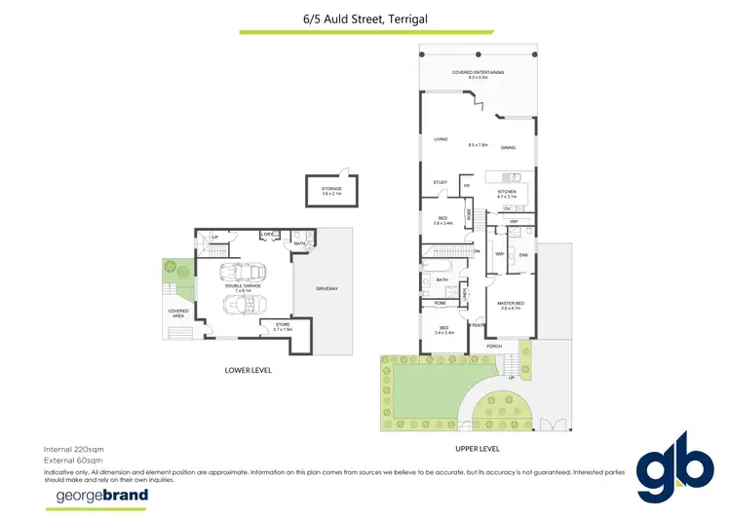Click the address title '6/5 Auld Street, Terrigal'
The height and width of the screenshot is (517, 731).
[365, 17]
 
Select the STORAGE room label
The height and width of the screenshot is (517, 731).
[332, 188]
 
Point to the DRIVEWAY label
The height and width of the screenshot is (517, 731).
[327, 289]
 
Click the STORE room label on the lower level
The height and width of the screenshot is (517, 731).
[283, 325]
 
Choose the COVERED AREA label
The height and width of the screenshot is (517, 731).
[177, 313]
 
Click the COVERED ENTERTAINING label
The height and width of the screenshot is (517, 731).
[477, 72]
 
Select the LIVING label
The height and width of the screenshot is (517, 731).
[441, 139]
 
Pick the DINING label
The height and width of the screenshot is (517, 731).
[508, 148]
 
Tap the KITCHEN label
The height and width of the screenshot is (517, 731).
[506, 192]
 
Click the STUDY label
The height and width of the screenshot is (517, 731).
[440, 181]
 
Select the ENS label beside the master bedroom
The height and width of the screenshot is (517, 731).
[522, 255]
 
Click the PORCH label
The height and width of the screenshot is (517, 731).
[494, 346]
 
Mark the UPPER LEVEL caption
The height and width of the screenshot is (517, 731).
[477, 448]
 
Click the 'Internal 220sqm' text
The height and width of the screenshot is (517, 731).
[74, 448]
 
